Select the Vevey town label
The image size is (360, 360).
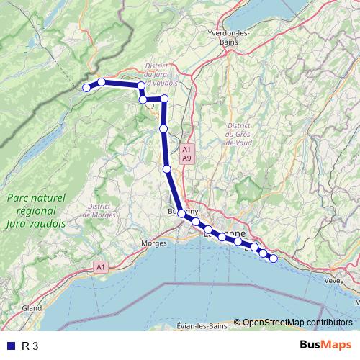point(335,280)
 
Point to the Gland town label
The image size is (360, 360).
point(32,307)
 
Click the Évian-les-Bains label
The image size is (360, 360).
point(202,326)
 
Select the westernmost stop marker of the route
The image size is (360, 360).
point(86,88)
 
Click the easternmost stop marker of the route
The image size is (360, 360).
point(273,258)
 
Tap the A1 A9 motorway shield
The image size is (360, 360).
point(186,153)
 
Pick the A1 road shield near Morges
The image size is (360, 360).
point(100,267)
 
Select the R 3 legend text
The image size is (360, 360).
point(30,346)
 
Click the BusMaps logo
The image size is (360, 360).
point(325,345)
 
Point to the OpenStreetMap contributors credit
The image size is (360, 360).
point(297,322)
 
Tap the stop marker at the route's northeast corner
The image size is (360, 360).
point(164,99)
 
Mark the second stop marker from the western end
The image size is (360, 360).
point(102,82)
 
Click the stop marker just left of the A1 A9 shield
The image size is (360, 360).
point(167,169)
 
